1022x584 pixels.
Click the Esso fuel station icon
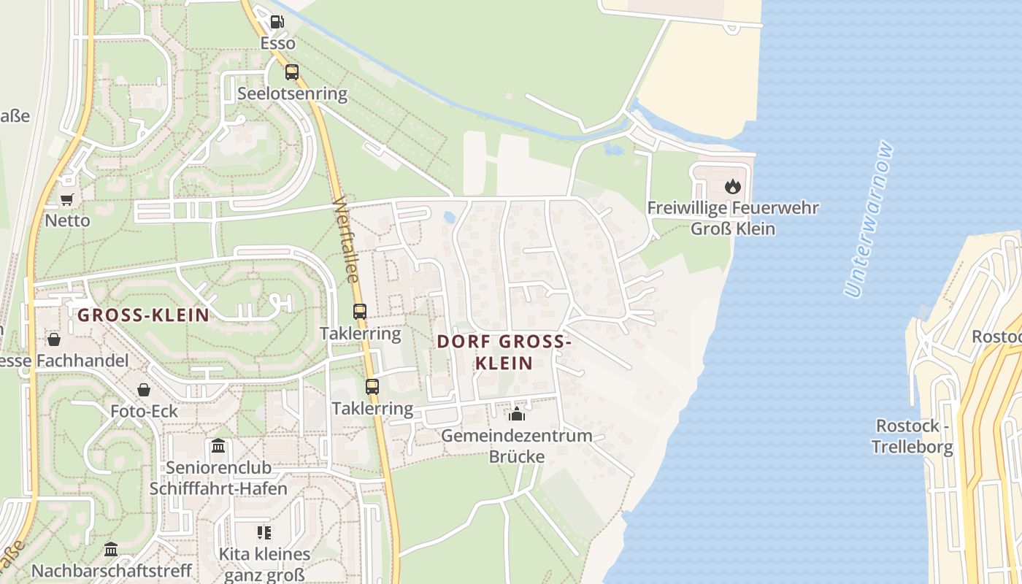[277, 22]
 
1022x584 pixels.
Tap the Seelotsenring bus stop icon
[291, 72]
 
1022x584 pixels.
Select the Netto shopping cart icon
[67, 199]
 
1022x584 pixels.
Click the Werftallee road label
[347, 239]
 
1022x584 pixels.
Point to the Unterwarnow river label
[869, 219]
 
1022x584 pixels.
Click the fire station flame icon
[733, 186]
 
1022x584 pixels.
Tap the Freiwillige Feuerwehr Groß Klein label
[733, 218]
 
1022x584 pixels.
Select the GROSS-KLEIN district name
[143, 315]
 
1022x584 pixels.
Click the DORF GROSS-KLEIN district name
[504, 352]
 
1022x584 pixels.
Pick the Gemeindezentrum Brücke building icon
[517, 415]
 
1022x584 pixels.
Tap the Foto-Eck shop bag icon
[144, 390]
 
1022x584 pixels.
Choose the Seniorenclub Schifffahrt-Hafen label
[218, 478]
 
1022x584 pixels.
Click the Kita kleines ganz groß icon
[264, 533]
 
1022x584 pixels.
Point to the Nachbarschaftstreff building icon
[111, 549]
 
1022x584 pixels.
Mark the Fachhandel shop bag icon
[54, 339]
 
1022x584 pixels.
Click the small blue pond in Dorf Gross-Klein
[448, 217]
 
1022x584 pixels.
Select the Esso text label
[278, 43]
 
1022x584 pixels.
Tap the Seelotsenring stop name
[292, 93]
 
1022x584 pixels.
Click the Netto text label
[67, 220]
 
